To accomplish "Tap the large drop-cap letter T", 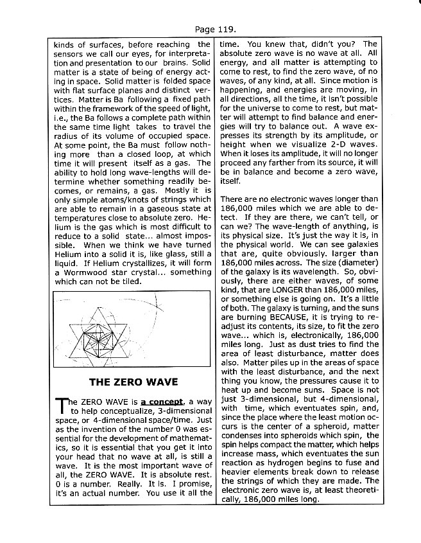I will (x=62, y=405).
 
